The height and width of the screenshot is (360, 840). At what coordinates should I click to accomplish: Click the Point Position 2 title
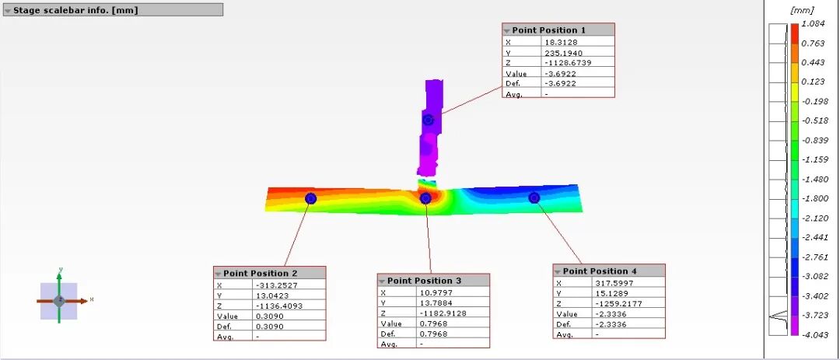point(256,273)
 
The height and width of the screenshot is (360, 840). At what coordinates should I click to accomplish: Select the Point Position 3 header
point(420,281)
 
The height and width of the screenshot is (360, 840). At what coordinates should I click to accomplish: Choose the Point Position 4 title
point(596,271)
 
